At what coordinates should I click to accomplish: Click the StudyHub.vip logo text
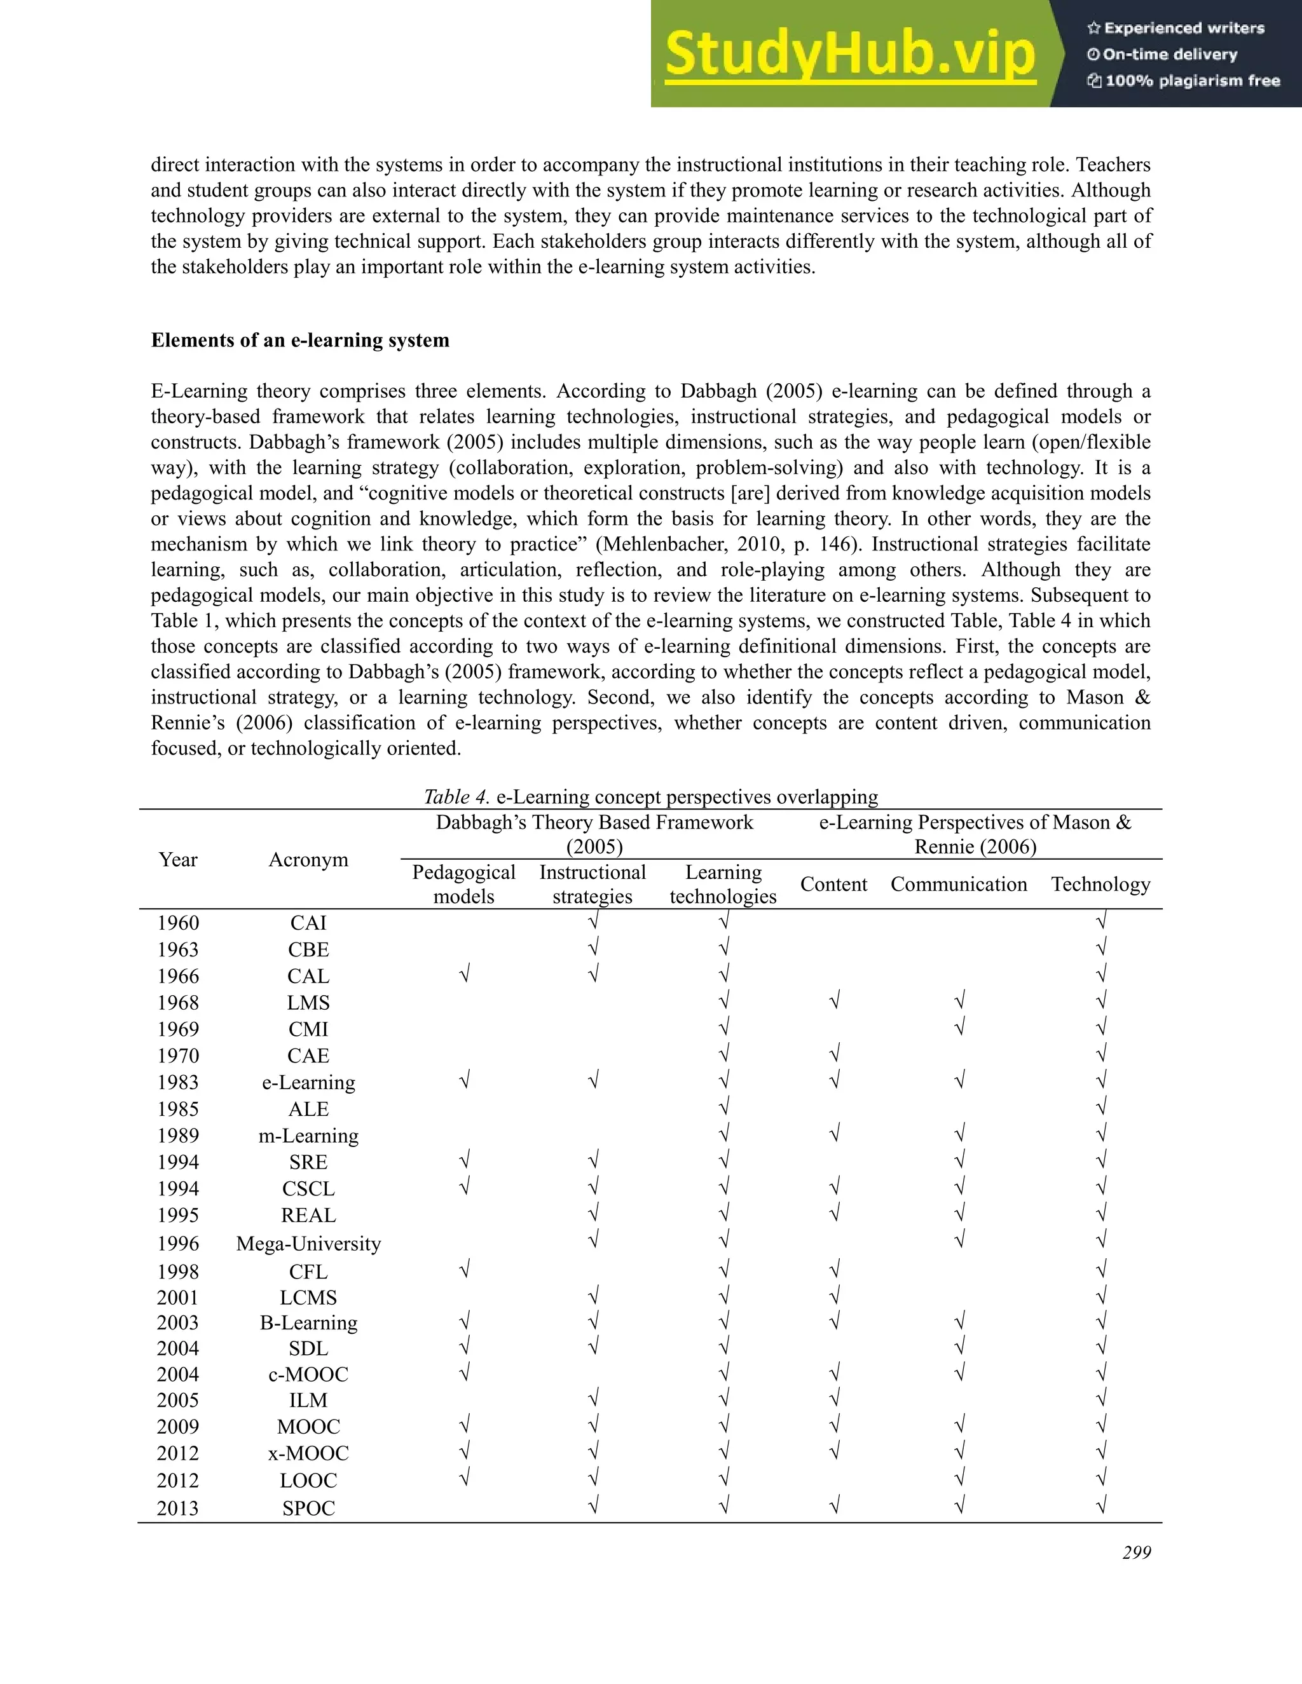click(x=849, y=55)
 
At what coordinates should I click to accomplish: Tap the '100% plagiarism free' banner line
click(x=1184, y=81)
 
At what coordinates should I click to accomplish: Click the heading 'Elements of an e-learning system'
click(x=300, y=340)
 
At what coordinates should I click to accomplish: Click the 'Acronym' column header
click(x=308, y=860)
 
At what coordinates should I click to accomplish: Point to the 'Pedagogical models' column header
click(x=463, y=885)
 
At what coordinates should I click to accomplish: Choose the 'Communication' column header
click(x=959, y=885)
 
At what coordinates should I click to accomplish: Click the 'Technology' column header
click(x=1100, y=885)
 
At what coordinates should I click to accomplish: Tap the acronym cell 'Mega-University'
click(x=308, y=1244)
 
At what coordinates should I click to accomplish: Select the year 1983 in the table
click(x=178, y=1083)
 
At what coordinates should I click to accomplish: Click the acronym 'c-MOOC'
click(x=308, y=1374)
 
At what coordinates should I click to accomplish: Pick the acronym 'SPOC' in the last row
click(x=308, y=1508)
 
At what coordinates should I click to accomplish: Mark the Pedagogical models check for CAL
click(x=463, y=975)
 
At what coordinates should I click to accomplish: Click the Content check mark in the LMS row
click(x=834, y=1002)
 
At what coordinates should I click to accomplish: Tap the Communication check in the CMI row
click(x=959, y=1028)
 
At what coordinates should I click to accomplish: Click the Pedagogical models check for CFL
click(x=463, y=1270)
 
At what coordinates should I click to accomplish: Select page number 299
click(x=1136, y=1553)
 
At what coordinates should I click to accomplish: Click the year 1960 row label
click(x=178, y=923)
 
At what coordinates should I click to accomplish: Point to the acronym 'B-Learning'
click(x=308, y=1323)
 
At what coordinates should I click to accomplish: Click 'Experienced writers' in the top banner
click(x=1176, y=29)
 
